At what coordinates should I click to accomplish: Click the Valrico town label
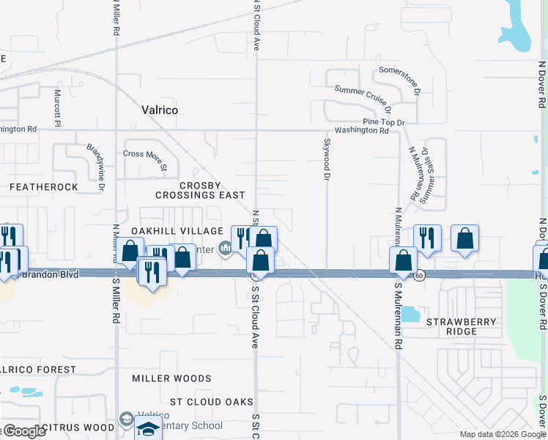(159, 110)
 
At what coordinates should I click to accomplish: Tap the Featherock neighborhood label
(44, 187)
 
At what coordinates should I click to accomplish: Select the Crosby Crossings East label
(200, 190)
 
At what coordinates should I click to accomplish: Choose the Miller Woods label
(171, 378)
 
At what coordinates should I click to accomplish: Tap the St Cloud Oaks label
(212, 402)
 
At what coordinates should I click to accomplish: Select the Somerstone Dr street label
(399, 80)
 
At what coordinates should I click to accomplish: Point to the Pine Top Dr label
(384, 121)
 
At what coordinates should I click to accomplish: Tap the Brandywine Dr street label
(96, 161)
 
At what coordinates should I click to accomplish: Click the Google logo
(24, 431)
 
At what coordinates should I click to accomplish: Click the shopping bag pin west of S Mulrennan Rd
(404, 260)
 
